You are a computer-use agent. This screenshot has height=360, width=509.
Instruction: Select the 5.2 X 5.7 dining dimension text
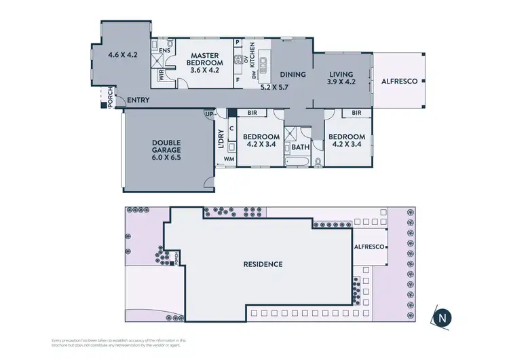click(275, 88)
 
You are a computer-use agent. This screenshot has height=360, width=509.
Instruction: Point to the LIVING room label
click(342, 75)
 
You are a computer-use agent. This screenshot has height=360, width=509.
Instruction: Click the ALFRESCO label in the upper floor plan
click(398, 79)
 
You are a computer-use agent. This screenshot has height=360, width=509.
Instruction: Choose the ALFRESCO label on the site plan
click(369, 247)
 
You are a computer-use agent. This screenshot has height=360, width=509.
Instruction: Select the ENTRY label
click(138, 101)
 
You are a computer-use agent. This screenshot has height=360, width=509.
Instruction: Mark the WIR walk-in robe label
click(162, 76)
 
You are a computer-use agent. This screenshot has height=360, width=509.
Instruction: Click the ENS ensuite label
click(164, 50)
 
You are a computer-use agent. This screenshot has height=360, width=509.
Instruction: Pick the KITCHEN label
click(251, 53)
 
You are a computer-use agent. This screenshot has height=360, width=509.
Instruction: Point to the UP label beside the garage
click(208, 114)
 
